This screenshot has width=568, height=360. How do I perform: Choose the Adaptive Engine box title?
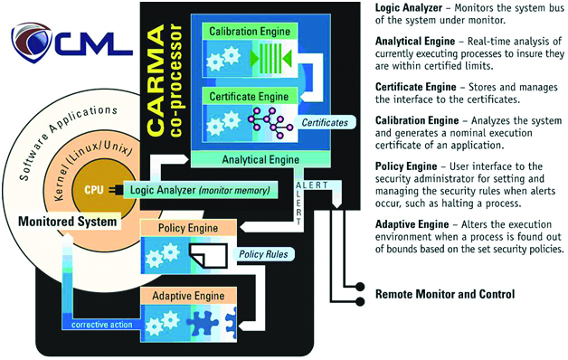[x=190, y=295]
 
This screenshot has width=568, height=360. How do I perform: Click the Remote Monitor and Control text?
[x=445, y=295]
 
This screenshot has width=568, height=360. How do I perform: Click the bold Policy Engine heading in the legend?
[x=408, y=166]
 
